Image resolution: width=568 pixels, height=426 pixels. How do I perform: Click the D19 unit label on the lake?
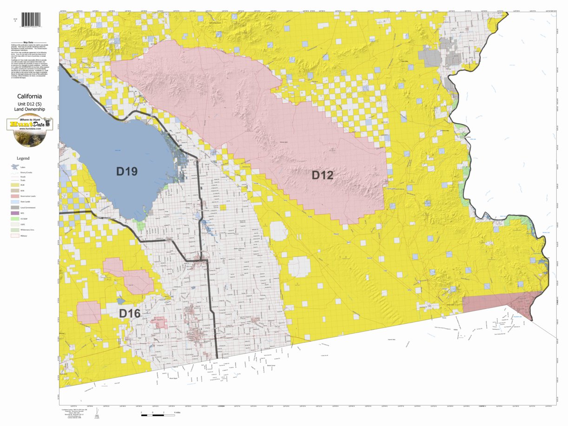coord(126,171)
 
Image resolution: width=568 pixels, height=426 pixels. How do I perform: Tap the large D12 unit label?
coord(322,175)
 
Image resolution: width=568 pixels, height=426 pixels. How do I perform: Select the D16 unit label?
coord(130,314)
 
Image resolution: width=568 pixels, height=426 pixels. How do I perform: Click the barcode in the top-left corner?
coord(31,20)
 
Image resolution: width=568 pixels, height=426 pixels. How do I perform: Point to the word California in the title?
coord(29,96)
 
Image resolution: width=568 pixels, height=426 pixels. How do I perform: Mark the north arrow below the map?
coord(96,414)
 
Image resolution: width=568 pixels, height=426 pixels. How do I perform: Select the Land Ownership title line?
coord(29,109)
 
